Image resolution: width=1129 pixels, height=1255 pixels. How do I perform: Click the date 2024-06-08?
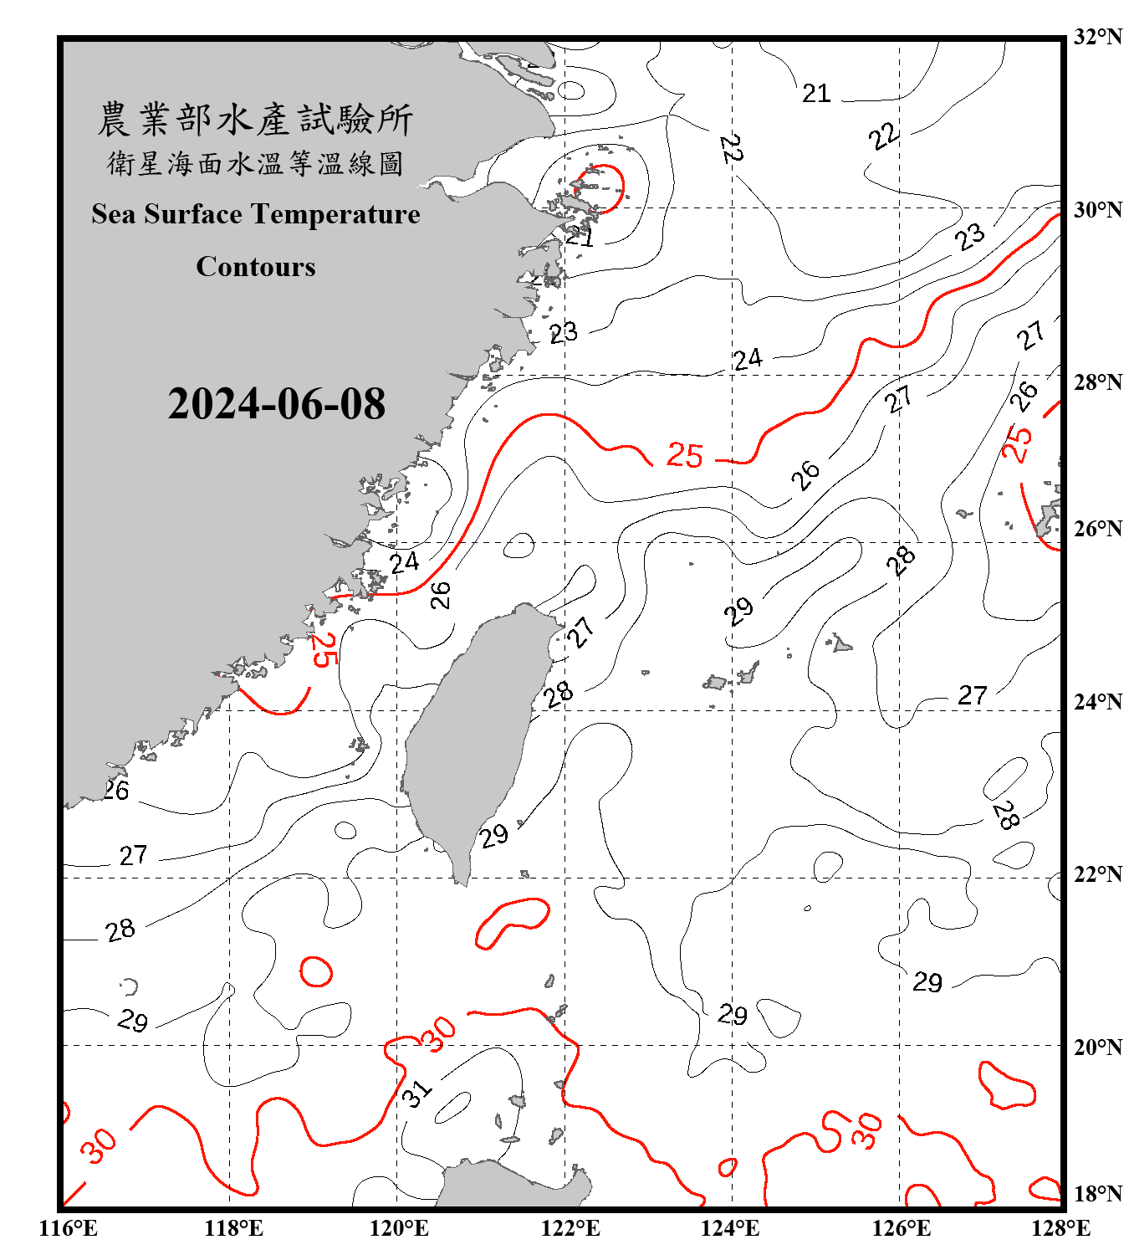[x=276, y=404]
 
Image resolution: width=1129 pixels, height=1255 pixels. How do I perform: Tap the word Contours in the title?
[x=256, y=267]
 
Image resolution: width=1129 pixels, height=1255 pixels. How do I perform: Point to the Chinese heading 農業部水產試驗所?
[x=255, y=120]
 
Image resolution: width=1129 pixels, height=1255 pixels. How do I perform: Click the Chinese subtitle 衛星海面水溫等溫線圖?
[x=255, y=163]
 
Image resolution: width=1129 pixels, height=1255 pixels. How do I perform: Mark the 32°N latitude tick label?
[x=1097, y=37]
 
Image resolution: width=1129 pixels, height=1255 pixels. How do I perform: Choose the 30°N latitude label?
[x=1097, y=210]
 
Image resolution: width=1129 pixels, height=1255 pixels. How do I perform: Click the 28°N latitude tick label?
[x=1097, y=382]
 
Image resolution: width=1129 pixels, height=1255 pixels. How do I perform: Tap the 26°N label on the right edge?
[x=1097, y=529]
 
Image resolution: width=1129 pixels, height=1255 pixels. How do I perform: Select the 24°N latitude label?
[x=1097, y=702]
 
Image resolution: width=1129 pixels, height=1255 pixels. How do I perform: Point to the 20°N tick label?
[x=1097, y=1048]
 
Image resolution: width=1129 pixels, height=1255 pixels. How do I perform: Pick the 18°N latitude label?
[x=1097, y=1194]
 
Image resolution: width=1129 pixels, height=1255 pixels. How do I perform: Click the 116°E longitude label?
[x=69, y=1228]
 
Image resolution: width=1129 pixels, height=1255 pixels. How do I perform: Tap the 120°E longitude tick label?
[x=400, y=1228]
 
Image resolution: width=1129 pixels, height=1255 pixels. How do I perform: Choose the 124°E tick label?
[x=730, y=1228]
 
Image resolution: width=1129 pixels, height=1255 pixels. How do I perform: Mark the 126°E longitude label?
[x=901, y=1228]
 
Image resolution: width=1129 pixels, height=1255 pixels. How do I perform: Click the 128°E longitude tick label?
[x=1060, y=1228]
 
